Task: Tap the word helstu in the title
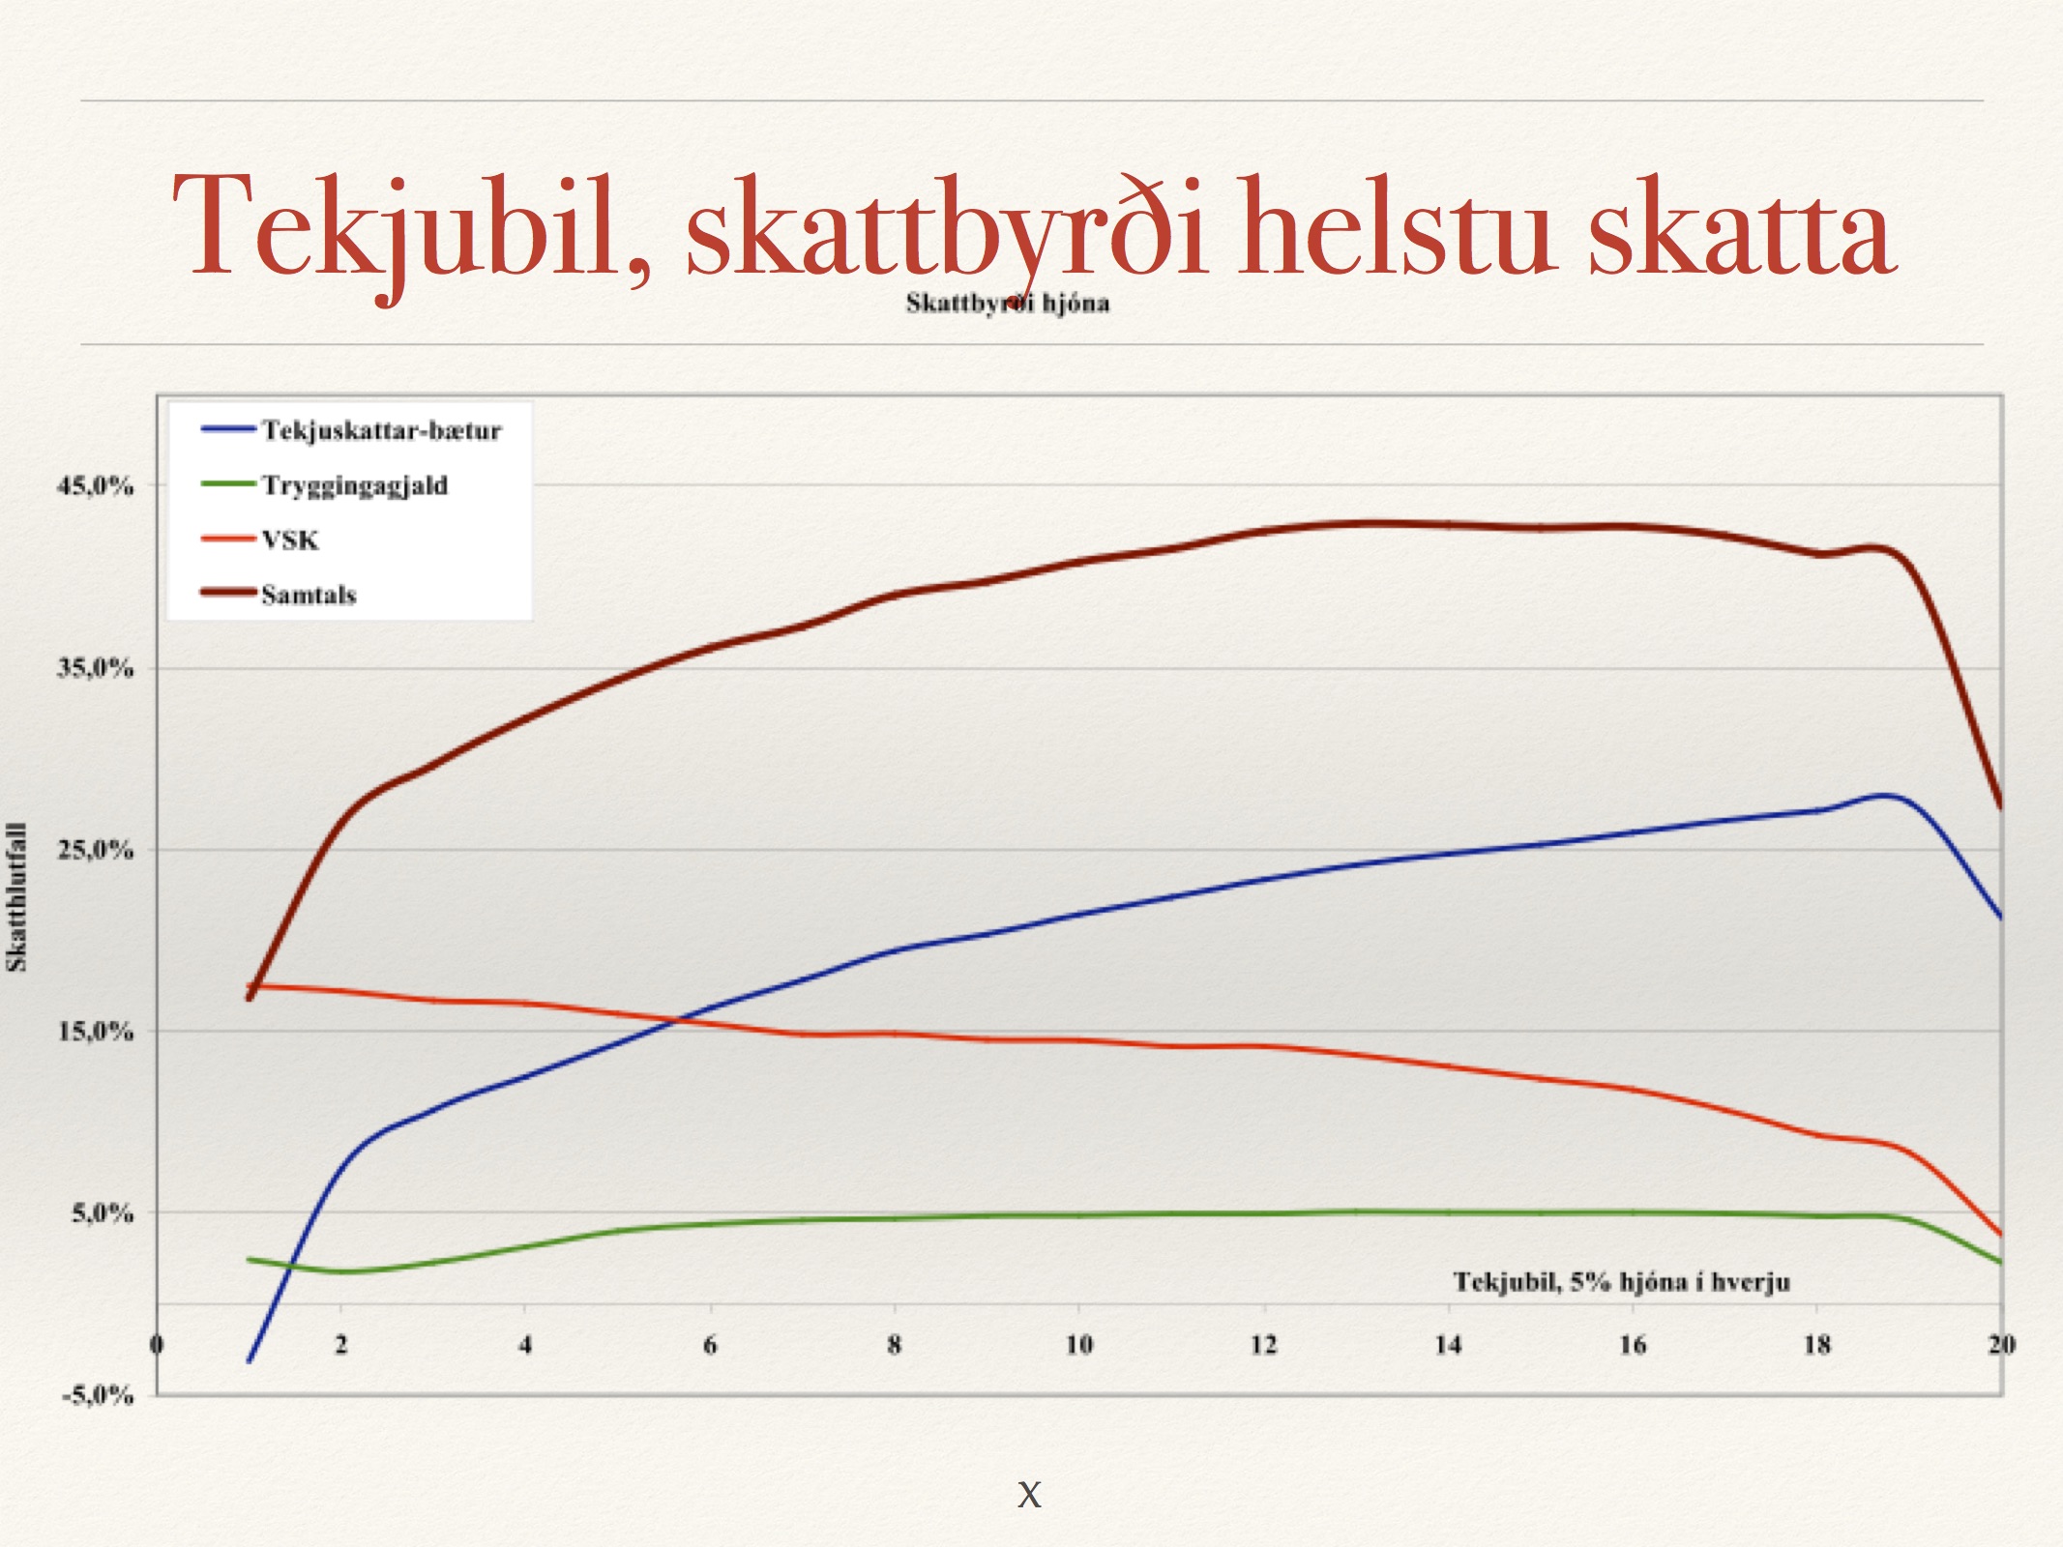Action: (x=1398, y=227)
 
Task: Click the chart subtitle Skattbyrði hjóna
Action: (x=1007, y=304)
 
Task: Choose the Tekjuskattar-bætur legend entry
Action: (x=352, y=430)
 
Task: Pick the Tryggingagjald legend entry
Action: (x=325, y=485)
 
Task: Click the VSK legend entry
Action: (x=260, y=540)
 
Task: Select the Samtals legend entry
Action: (x=279, y=594)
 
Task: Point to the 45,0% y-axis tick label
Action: (x=95, y=485)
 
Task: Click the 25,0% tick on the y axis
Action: (x=95, y=850)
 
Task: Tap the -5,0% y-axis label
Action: (x=97, y=1394)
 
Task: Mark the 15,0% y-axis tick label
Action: (x=95, y=1031)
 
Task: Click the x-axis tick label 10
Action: (x=1078, y=1344)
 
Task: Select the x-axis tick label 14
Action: (x=1448, y=1344)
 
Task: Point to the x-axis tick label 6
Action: (x=710, y=1344)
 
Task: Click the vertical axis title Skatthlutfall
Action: (x=16, y=897)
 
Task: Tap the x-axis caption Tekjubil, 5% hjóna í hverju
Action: (x=1621, y=1282)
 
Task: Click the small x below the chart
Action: (x=1029, y=1494)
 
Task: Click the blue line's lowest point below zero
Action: (x=250, y=1361)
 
